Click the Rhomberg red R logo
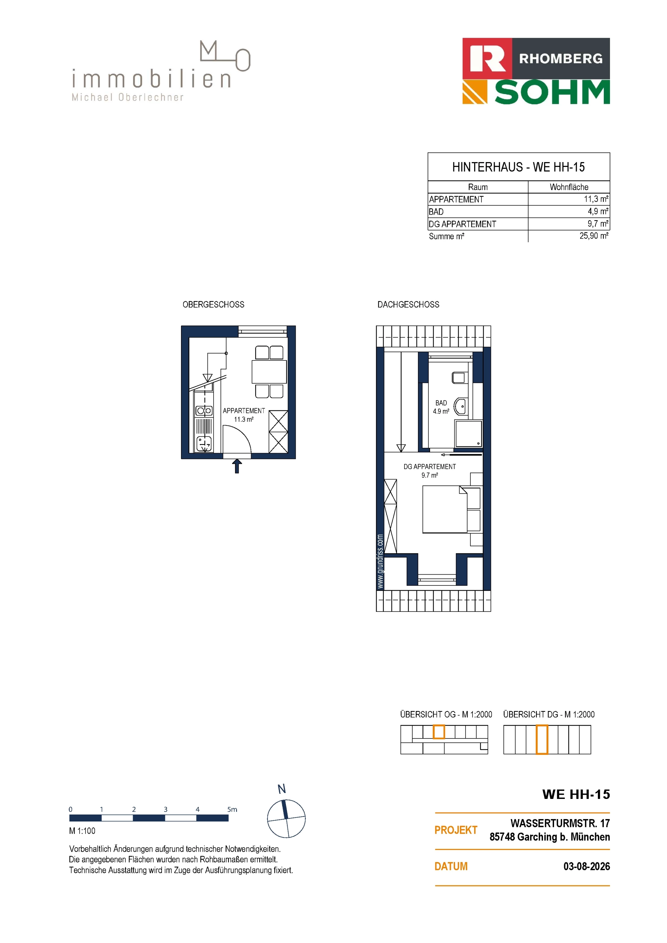[487, 58]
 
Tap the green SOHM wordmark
[552, 92]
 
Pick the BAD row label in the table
[436, 211]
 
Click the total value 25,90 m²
[594, 236]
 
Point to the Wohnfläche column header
[569, 187]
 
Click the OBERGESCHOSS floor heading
[213, 304]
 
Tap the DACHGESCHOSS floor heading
[408, 304]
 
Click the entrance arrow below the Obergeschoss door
[237, 466]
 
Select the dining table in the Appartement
[269, 372]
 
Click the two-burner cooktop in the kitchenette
[204, 410]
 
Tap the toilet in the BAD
[459, 377]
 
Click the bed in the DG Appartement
[445, 509]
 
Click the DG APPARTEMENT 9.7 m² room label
[429, 471]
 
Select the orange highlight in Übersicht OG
[439, 732]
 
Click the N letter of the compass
[281, 789]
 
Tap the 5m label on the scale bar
[232, 809]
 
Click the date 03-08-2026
[586, 866]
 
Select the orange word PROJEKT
[456, 830]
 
